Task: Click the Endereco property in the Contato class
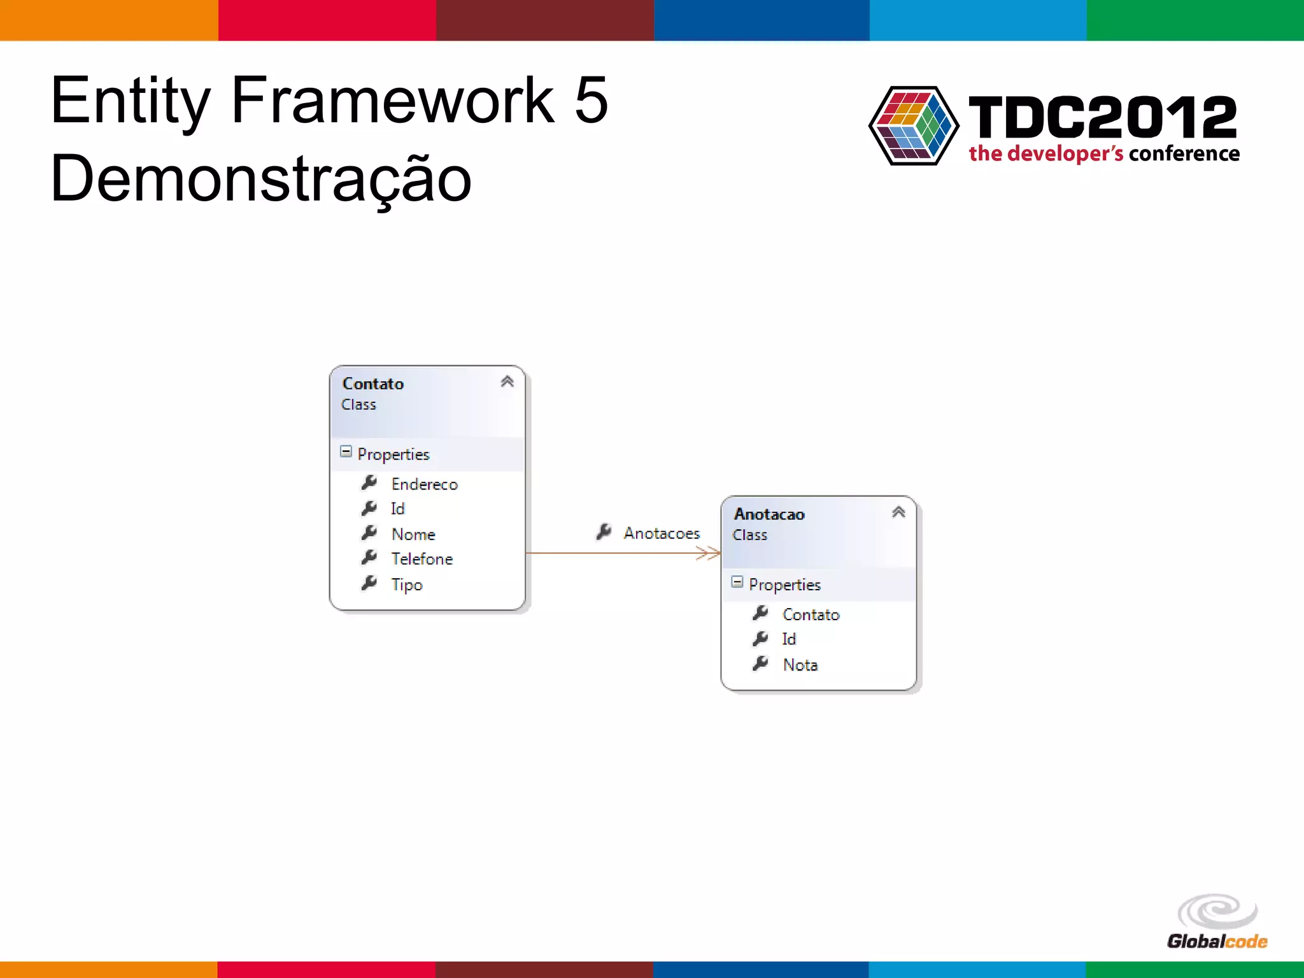[x=424, y=485]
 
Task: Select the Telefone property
[x=422, y=559]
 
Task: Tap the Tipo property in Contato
[x=407, y=585]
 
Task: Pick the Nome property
[x=413, y=534]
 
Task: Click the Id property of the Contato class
[x=397, y=509]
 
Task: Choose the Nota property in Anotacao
[x=800, y=665]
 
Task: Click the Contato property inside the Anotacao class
[x=811, y=614]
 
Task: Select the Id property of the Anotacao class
[x=789, y=639]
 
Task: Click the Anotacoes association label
[x=662, y=533]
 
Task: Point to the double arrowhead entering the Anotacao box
[x=708, y=553]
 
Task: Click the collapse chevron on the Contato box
[x=507, y=381]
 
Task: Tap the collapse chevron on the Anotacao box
[x=898, y=512]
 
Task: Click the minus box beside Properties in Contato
[x=346, y=451]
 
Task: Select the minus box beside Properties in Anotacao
[x=737, y=582]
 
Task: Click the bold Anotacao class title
[x=769, y=514]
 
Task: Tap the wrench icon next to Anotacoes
[x=604, y=532]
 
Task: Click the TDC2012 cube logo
[x=914, y=125]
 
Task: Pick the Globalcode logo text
[x=1217, y=941]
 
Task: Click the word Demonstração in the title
[x=261, y=180]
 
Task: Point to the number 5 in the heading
[x=591, y=100]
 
